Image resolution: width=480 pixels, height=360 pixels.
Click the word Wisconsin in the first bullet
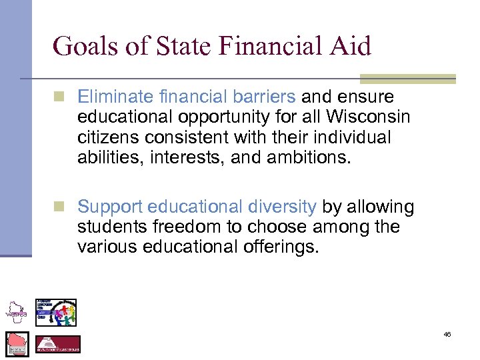(x=368, y=117)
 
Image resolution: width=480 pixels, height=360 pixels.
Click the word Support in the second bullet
(x=110, y=207)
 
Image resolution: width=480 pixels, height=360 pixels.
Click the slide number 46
(x=447, y=334)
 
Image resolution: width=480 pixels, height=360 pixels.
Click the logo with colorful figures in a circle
(x=57, y=312)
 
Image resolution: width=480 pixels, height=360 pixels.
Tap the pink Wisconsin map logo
(x=17, y=344)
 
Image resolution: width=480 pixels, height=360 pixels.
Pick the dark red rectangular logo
(x=57, y=344)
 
